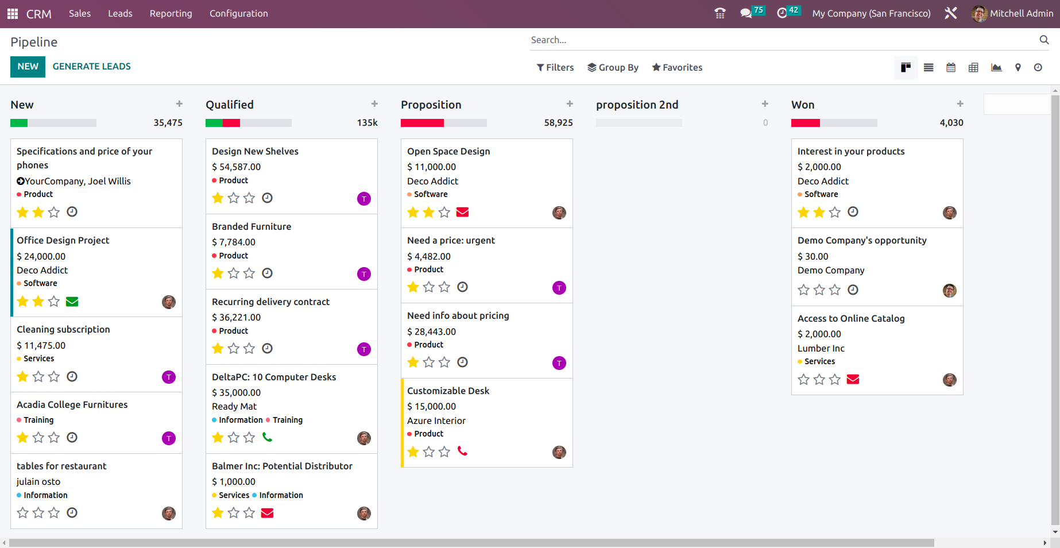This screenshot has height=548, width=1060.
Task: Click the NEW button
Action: coord(28,67)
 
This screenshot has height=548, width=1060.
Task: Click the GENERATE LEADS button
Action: coord(91,67)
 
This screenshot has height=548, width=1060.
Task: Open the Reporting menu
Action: coord(171,14)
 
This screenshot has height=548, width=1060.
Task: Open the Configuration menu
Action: coord(238,14)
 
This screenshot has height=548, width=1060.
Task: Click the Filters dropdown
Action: coord(555,68)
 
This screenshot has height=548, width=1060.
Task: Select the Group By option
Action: coord(613,68)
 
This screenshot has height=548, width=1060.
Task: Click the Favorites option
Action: coord(677,68)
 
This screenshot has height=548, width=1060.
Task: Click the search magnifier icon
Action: coord(1044,40)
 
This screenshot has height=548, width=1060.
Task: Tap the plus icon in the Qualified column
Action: coord(374,104)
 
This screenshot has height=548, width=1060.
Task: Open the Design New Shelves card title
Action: coord(255,152)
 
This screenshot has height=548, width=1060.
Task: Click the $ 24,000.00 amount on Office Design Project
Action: coord(41,257)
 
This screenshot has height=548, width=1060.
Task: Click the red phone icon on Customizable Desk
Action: coord(462,451)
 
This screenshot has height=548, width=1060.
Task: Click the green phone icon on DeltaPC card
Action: coord(267,437)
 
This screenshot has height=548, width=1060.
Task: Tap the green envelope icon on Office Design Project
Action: coord(72,302)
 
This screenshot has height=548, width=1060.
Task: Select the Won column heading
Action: coord(802,105)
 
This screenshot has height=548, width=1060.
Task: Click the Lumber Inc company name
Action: coord(821,349)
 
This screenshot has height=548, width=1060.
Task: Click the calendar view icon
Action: coord(951,68)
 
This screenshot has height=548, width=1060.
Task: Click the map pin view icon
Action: coord(1018,68)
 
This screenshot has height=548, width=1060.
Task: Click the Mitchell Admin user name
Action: coord(1021,14)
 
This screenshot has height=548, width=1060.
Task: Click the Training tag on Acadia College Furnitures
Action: coord(38,420)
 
